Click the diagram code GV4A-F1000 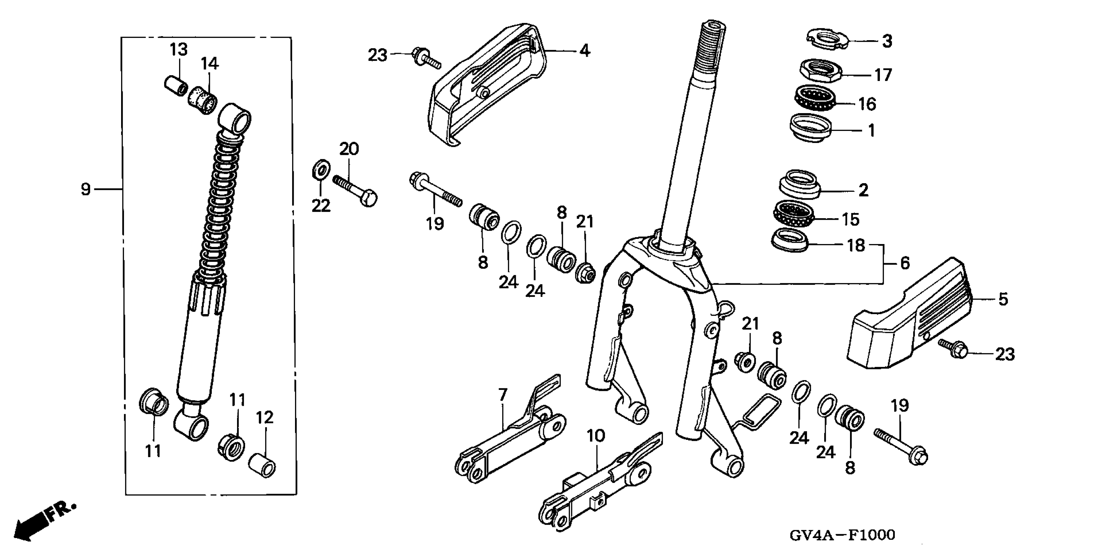pyautogui.click(x=842, y=535)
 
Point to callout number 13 pyautogui.click(x=178, y=50)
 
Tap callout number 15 pyautogui.click(x=850, y=219)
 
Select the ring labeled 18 pyautogui.click(x=789, y=240)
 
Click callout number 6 pyautogui.click(x=905, y=263)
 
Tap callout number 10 pyautogui.click(x=596, y=436)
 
